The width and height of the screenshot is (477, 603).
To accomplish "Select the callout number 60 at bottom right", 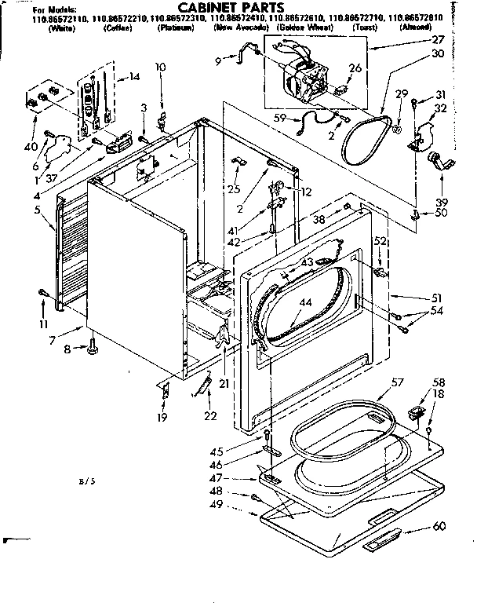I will [x=439, y=525].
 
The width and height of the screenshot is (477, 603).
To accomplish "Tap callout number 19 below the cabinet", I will [x=162, y=417].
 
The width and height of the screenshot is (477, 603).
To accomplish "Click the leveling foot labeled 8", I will [x=92, y=343].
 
